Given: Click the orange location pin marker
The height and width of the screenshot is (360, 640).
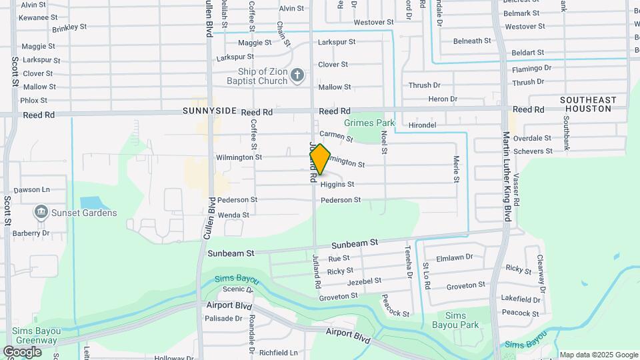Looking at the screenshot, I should tap(320, 159).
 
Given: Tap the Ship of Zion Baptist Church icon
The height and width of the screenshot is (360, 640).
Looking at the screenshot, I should tap(298, 76).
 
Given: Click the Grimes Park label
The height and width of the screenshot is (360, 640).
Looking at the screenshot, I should tap(369, 123).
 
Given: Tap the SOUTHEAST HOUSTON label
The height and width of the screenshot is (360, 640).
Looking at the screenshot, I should tap(588, 105).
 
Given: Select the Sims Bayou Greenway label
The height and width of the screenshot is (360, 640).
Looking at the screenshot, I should tap(31, 335).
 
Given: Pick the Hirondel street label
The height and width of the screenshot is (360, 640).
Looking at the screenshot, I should tap(421, 125).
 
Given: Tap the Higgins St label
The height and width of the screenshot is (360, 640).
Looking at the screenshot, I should tap(337, 184).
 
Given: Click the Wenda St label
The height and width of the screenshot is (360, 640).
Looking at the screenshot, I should tap(233, 215).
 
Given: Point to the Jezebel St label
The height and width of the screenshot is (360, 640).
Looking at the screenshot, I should tap(364, 281).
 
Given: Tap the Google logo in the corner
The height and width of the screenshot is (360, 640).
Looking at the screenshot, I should tap(22, 351).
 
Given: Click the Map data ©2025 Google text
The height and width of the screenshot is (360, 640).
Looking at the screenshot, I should tap(599, 355).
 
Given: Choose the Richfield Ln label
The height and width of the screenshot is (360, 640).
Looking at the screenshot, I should tap(278, 353).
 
